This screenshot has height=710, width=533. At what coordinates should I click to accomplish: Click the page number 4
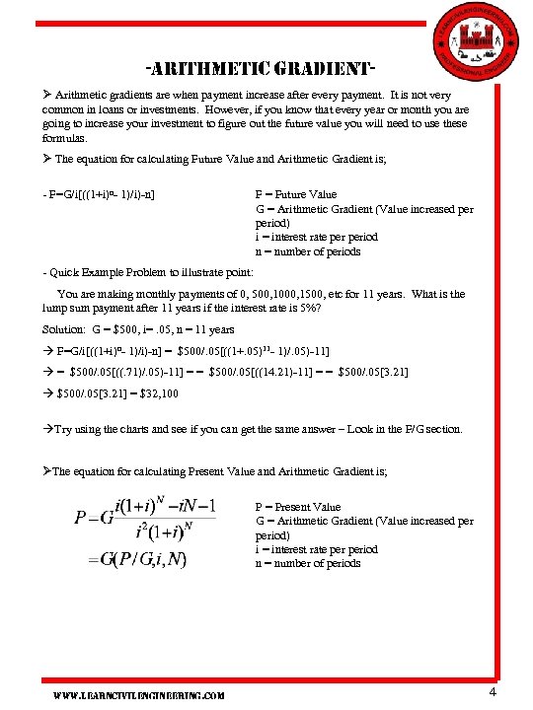[493, 692]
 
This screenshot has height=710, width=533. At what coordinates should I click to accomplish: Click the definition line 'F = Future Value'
[296, 194]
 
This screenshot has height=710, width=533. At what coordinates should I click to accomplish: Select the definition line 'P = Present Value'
[298, 507]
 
